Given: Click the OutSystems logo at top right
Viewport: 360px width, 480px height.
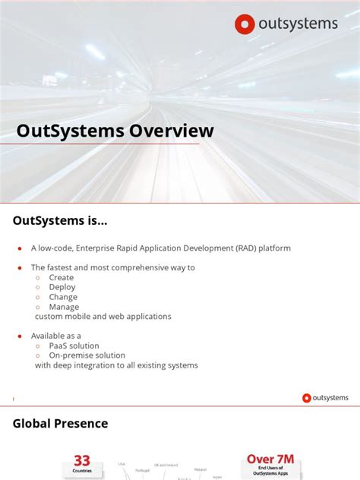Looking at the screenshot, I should point(286,24).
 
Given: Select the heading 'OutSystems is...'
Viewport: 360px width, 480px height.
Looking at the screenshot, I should point(60,221).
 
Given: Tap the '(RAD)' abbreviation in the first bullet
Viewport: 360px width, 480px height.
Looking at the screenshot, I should point(245,248).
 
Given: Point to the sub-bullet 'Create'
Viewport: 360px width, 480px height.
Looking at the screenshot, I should point(62,277).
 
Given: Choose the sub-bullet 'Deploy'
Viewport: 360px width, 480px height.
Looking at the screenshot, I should point(62,287).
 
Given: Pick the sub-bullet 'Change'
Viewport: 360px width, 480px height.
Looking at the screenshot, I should point(63,297).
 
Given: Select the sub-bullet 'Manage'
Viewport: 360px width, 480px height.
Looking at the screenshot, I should point(63,307).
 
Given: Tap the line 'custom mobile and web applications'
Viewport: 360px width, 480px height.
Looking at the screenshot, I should point(103,317).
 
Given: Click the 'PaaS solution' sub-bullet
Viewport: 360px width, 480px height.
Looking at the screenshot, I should point(74,346).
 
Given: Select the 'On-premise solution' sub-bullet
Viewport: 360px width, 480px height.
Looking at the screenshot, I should point(87,355).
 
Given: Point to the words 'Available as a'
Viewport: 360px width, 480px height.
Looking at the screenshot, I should point(56,336).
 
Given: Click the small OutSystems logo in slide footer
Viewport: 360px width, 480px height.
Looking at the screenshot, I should point(325,398).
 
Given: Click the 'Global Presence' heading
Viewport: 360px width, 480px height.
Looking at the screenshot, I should point(61,424).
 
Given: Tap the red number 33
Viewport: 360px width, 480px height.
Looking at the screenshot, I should point(82,461).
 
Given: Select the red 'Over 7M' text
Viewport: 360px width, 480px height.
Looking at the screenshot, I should point(270,459).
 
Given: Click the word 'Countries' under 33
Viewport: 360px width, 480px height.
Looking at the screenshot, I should point(82,471).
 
